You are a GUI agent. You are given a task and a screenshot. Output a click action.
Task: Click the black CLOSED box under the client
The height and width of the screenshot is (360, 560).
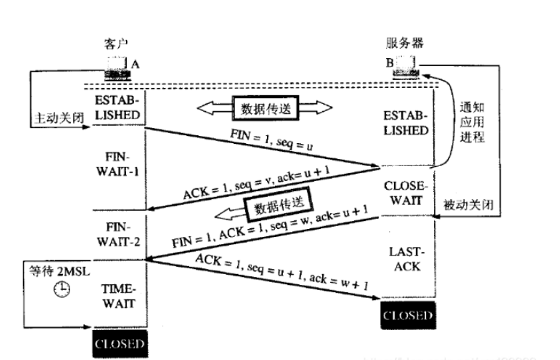(x=119, y=344)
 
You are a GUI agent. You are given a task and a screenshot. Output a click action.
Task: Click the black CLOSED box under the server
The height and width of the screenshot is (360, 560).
(x=407, y=315)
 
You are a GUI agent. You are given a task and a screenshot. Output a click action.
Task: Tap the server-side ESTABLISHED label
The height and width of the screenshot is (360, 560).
(x=406, y=123)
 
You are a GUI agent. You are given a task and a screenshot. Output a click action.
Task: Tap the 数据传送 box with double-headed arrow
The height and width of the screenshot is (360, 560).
(x=266, y=109)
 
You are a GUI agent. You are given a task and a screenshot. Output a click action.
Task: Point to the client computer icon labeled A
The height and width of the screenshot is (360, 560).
(x=116, y=67)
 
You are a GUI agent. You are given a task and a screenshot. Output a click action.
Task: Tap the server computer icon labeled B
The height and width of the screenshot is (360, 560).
(x=406, y=67)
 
